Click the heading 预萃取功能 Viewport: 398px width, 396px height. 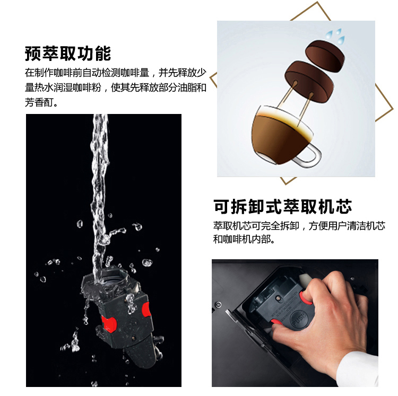click(68, 54)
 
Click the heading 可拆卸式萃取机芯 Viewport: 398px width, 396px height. click(283, 207)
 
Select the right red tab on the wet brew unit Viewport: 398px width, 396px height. click(146, 310)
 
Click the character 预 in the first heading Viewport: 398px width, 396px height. click(33, 54)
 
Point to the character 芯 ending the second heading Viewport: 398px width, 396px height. click(344, 207)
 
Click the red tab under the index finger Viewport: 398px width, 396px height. click(305, 298)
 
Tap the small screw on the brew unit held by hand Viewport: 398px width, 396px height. click(279, 298)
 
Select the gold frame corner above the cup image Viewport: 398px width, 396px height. click(317, 3)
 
